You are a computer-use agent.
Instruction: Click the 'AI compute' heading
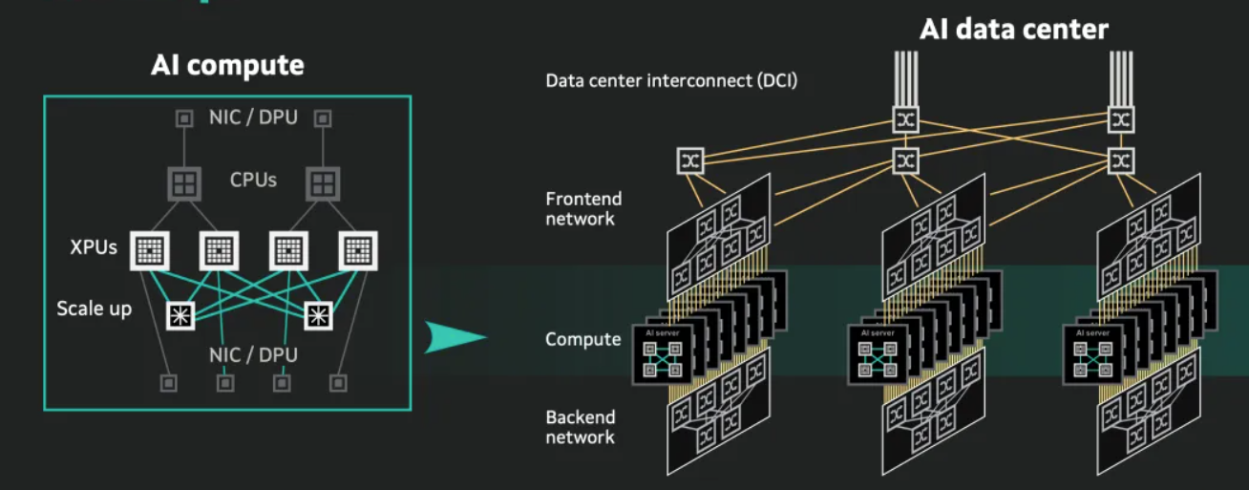click(x=227, y=65)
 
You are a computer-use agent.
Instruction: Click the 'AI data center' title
click(x=1013, y=29)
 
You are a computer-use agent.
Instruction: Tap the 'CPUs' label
click(x=253, y=180)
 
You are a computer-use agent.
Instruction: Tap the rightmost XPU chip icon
click(x=358, y=250)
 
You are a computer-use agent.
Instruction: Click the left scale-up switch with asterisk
click(x=181, y=314)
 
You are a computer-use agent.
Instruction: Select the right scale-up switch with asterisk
click(x=318, y=314)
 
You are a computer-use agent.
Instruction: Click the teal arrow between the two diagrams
click(x=455, y=337)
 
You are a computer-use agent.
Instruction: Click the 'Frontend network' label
click(x=582, y=208)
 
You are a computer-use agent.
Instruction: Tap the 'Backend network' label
click(x=581, y=427)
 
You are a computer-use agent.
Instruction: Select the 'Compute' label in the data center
click(x=582, y=339)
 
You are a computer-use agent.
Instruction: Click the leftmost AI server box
click(x=661, y=357)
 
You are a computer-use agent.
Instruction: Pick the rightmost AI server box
click(x=1091, y=357)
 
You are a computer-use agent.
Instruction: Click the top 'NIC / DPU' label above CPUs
click(x=253, y=118)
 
